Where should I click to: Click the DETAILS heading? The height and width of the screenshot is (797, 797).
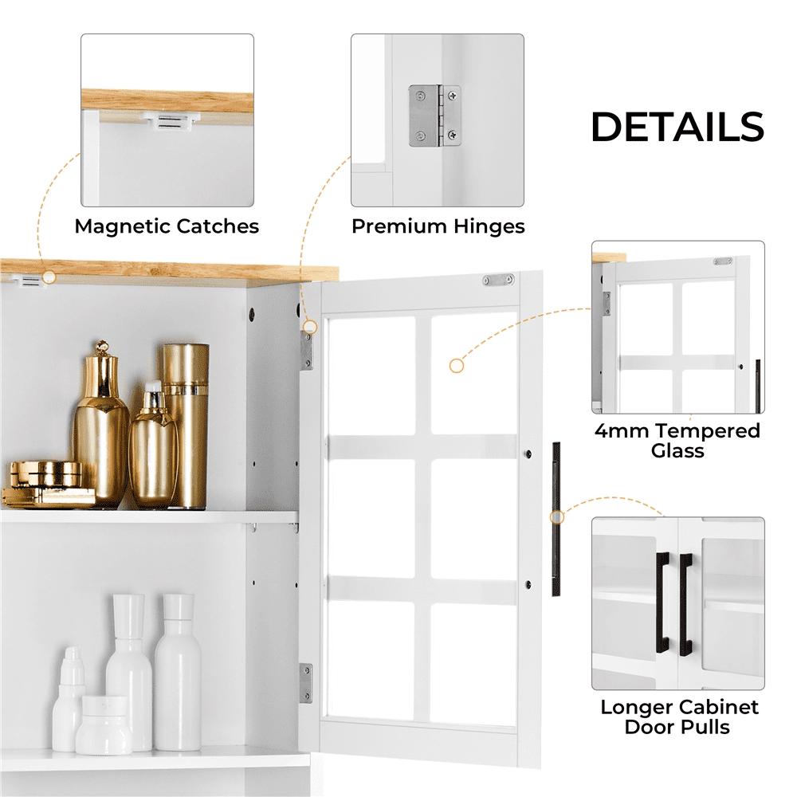(x=677, y=128)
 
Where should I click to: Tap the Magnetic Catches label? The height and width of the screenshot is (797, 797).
(x=167, y=226)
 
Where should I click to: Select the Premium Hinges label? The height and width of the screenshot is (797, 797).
(x=438, y=226)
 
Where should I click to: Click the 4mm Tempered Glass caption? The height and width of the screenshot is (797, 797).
(x=677, y=441)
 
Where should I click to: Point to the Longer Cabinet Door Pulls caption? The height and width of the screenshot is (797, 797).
(x=679, y=717)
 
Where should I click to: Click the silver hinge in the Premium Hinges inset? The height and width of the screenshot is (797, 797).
(x=434, y=116)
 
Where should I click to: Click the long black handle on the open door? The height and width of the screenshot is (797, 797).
(x=556, y=518)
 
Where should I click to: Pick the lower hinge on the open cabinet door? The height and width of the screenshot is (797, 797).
(x=306, y=683)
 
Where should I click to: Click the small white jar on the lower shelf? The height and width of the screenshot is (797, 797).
(x=104, y=724)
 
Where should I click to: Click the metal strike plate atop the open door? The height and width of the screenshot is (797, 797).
(x=497, y=280)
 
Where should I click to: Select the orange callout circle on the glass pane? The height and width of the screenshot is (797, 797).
(x=457, y=366)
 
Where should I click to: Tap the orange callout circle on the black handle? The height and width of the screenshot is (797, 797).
(x=557, y=517)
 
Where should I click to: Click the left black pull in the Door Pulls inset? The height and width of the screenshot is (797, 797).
(x=661, y=603)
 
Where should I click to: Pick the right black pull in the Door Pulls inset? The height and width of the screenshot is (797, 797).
(x=685, y=603)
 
